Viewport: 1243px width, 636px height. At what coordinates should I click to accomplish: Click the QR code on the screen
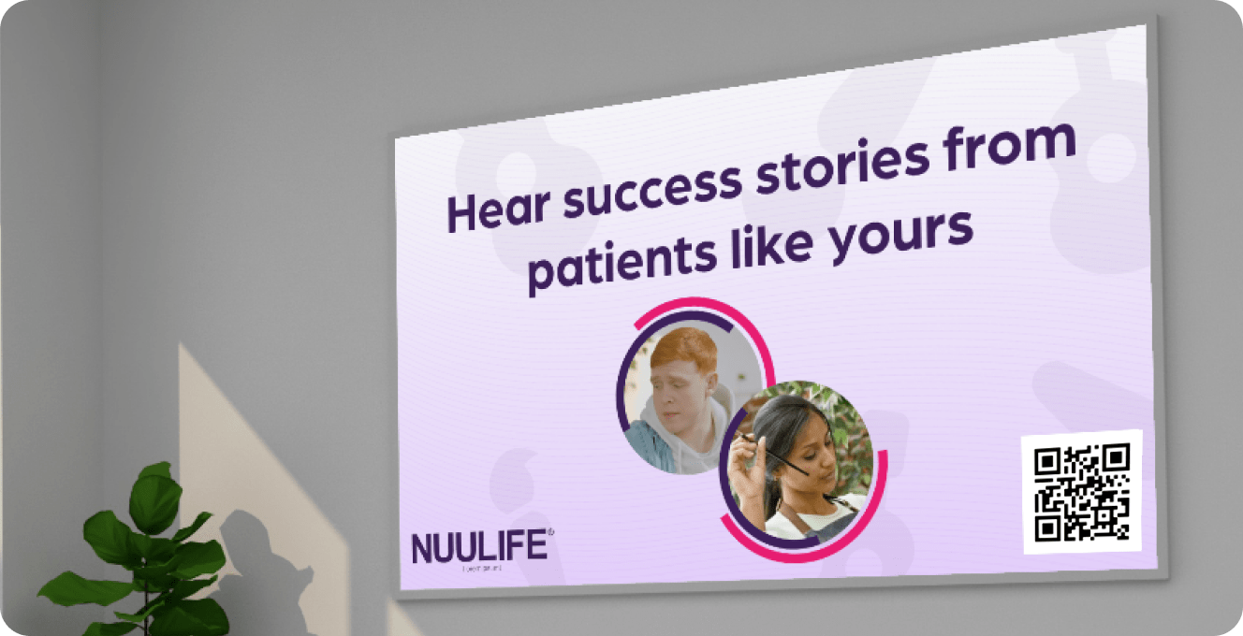tap(1082, 491)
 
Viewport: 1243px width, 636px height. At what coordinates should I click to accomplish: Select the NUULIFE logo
tap(480, 548)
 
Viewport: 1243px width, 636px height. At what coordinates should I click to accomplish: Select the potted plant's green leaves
tap(155, 552)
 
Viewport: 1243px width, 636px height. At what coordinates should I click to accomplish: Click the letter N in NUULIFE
tap(422, 549)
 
